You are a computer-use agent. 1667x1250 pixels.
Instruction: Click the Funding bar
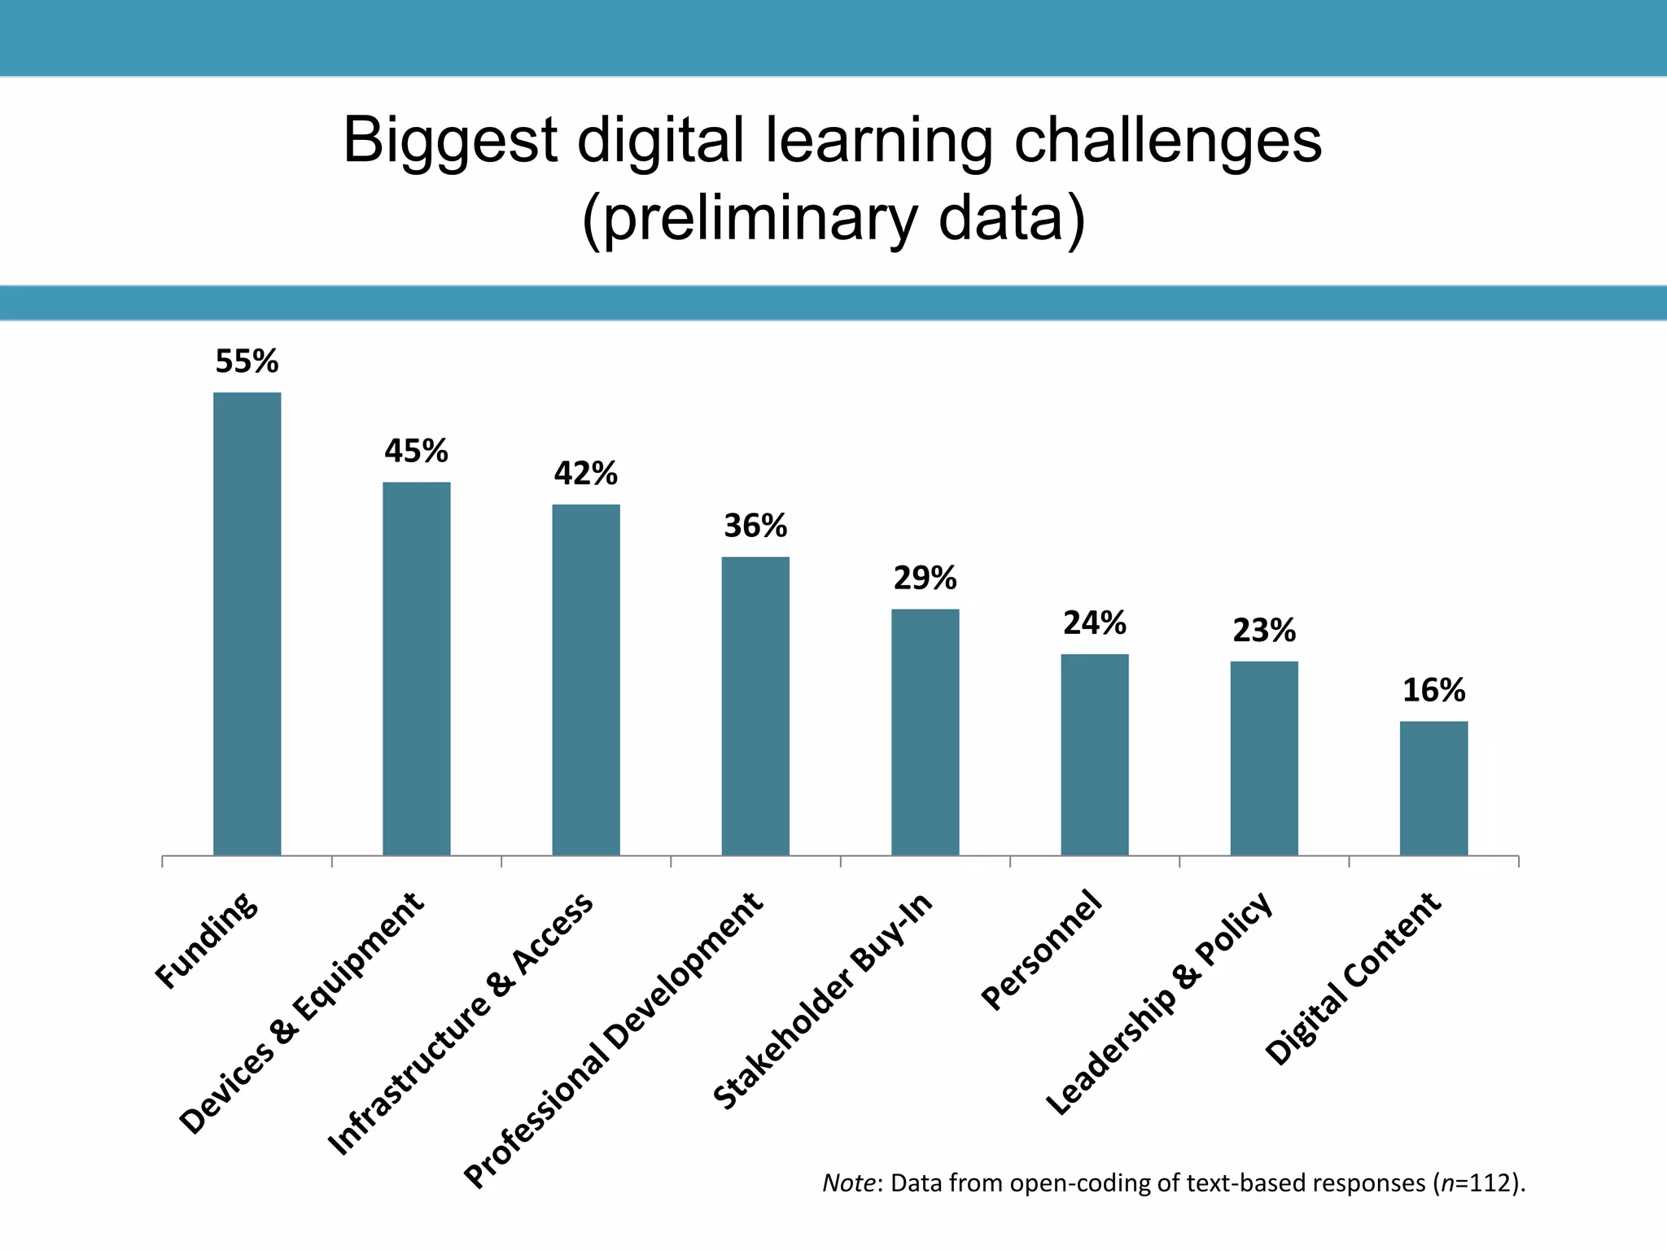[247, 623]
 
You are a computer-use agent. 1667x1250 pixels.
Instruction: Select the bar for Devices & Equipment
[416, 668]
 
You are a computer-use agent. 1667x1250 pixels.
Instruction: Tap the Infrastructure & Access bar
[585, 680]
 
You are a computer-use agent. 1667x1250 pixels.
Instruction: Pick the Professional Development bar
[755, 706]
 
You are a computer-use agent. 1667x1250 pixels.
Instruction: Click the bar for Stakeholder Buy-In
[925, 732]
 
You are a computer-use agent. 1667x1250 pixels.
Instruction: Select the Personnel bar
[1094, 754]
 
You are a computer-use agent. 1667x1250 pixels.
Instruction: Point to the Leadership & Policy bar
[1263, 758]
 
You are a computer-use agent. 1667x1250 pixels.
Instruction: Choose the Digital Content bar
[1433, 788]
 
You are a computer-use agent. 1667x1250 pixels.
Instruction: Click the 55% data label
[247, 361]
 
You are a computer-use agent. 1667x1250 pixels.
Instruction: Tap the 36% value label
[755, 526]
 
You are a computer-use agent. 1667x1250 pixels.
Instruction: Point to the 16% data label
[1433, 690]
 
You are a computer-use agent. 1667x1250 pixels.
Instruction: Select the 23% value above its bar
[1263, 630]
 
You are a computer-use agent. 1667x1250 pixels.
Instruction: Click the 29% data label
[925, 578]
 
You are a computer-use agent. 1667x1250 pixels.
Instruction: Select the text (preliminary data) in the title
[833, 218]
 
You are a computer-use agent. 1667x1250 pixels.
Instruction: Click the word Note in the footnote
[848, 1182]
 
